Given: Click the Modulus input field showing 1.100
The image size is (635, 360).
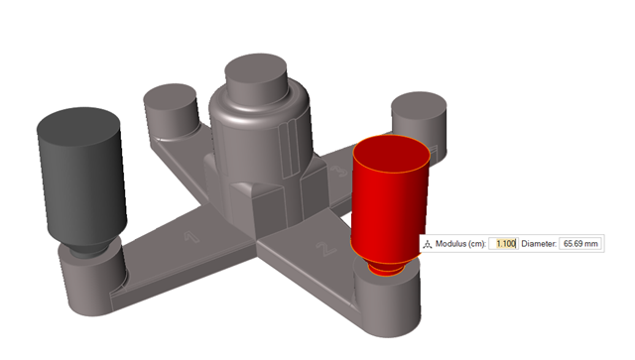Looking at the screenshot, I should pos(503,244).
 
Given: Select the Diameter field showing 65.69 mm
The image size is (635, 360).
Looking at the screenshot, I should pos(580,244).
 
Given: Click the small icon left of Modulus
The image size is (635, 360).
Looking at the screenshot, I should pos(428,244).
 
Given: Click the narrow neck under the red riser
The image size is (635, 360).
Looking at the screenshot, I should pos(384,266).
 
